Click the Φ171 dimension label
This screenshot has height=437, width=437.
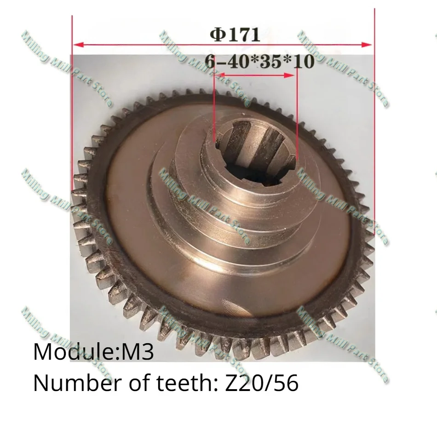(x=235, y=34)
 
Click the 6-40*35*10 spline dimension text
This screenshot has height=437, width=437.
(x=259, y=61)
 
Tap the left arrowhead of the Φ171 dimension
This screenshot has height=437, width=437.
(x=79, y=45)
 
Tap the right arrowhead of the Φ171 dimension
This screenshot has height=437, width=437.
(x=366, y=45)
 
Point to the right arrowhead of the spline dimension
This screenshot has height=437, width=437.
(x=289, y=75)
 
